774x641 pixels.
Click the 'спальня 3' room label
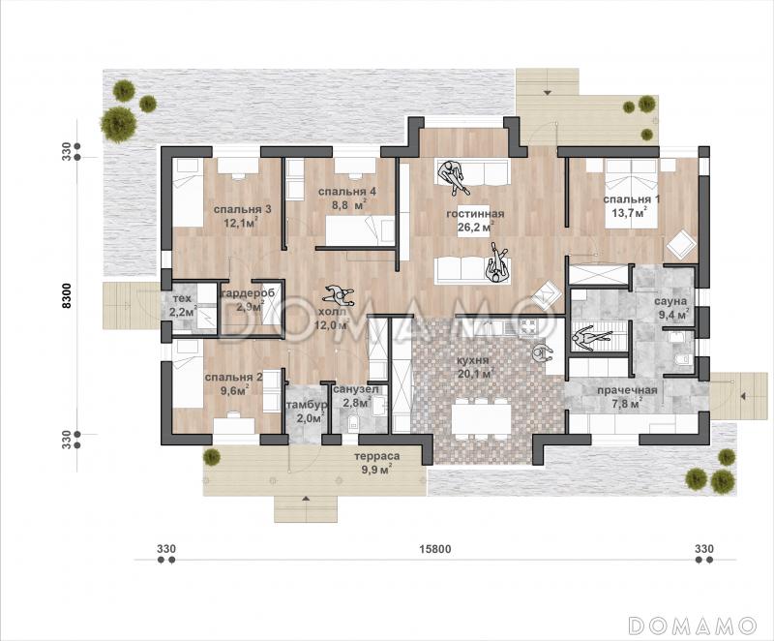243,209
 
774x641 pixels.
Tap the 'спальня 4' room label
347,192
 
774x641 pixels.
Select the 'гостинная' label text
475,214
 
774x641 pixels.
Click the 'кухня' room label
473,360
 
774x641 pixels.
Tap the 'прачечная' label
627,390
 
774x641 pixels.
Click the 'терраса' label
377,456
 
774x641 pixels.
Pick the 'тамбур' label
306,406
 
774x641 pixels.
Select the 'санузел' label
356,389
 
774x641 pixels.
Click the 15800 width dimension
434,549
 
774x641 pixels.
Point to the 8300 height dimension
67,295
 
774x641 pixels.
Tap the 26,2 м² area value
475,228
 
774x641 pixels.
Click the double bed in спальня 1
632,194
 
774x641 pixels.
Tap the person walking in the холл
338,294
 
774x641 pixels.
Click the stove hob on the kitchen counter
531,325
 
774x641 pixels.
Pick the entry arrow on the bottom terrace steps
306,499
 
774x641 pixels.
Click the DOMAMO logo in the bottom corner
692,625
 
